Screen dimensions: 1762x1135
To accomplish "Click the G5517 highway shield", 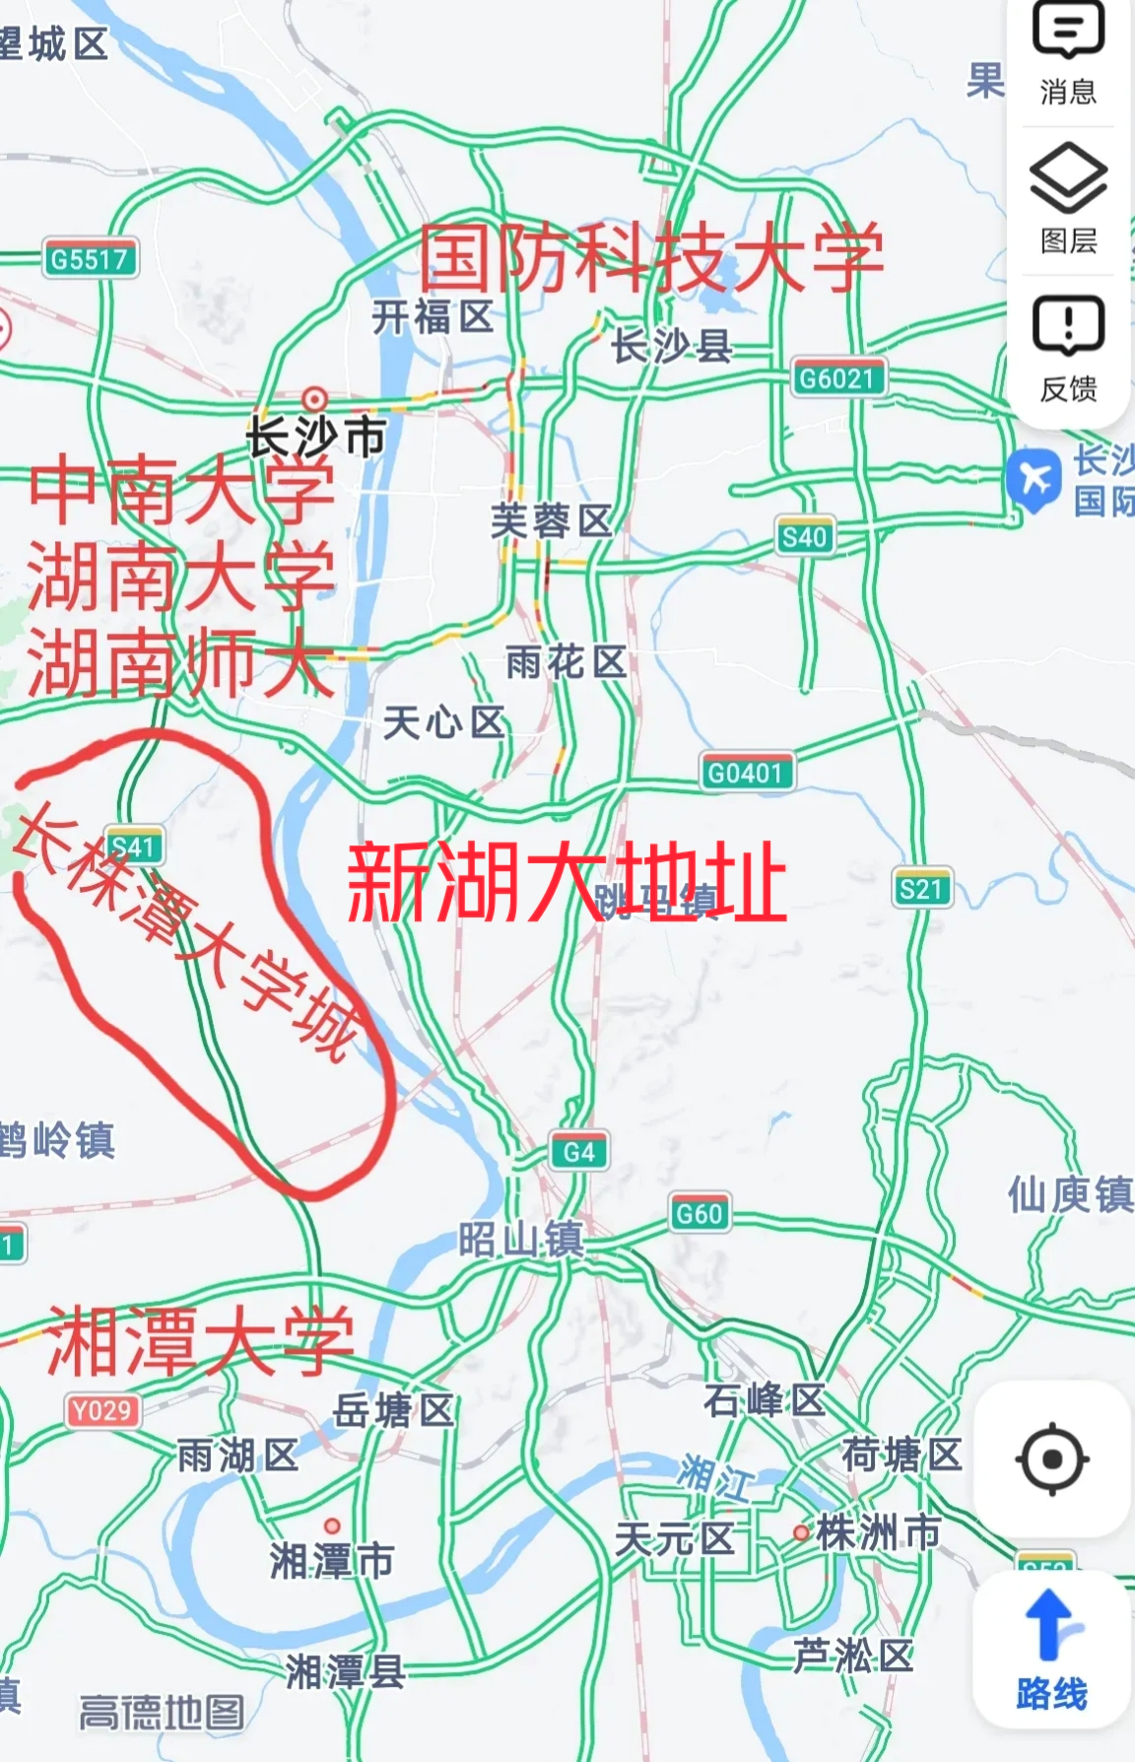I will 90,260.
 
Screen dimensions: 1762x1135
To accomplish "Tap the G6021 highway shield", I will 837,378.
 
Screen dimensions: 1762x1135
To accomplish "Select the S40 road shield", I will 804,537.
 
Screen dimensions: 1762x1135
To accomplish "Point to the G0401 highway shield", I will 746,773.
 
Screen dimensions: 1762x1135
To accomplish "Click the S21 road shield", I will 921,890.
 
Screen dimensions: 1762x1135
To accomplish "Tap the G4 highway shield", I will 578,1151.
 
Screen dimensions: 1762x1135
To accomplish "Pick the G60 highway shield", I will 700,1213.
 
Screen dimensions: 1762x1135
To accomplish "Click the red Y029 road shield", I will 101,1411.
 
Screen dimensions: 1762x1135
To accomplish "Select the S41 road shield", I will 134,847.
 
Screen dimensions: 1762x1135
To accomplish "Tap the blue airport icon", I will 1034,479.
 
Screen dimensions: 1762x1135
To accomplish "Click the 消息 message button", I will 1068,54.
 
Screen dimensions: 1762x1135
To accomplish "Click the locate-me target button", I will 1052,1458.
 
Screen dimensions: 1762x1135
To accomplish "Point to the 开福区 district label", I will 433,317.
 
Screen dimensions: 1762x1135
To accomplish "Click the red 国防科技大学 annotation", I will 650,258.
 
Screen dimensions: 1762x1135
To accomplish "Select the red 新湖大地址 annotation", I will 567,881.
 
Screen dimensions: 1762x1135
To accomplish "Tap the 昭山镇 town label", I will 520,1240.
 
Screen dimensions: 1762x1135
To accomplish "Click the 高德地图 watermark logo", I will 162,1713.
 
